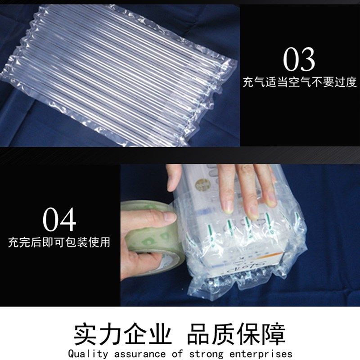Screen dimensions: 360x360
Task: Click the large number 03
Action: pos(299,59)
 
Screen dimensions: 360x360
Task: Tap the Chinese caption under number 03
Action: pos(300,82)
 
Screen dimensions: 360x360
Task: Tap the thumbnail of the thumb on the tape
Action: pos(169,216)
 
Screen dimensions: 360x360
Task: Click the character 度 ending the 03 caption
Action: pos(351,82)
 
